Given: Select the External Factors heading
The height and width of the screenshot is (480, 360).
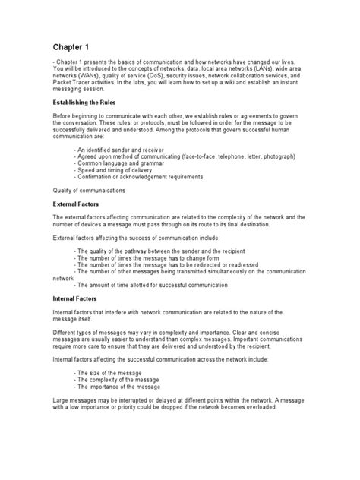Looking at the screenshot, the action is coord(79,204).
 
